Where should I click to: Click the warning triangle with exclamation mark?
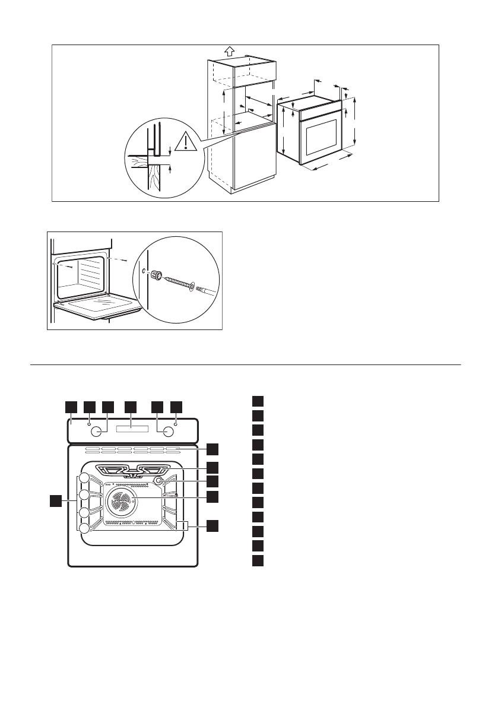[186, 141]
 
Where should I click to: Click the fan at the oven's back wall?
[121, 502]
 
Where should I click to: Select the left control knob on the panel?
[101, 430]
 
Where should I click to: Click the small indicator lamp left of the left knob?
[88, 424]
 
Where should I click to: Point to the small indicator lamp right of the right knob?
[176, 424]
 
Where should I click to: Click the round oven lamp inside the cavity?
[159, 481]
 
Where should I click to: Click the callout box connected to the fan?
[212, 495]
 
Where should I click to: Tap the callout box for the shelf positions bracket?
[212, 525]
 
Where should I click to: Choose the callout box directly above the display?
[130, 406]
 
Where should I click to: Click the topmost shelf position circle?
[84, 478]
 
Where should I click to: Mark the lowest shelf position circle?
[84, 528]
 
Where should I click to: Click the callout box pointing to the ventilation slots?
[212, 448]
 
